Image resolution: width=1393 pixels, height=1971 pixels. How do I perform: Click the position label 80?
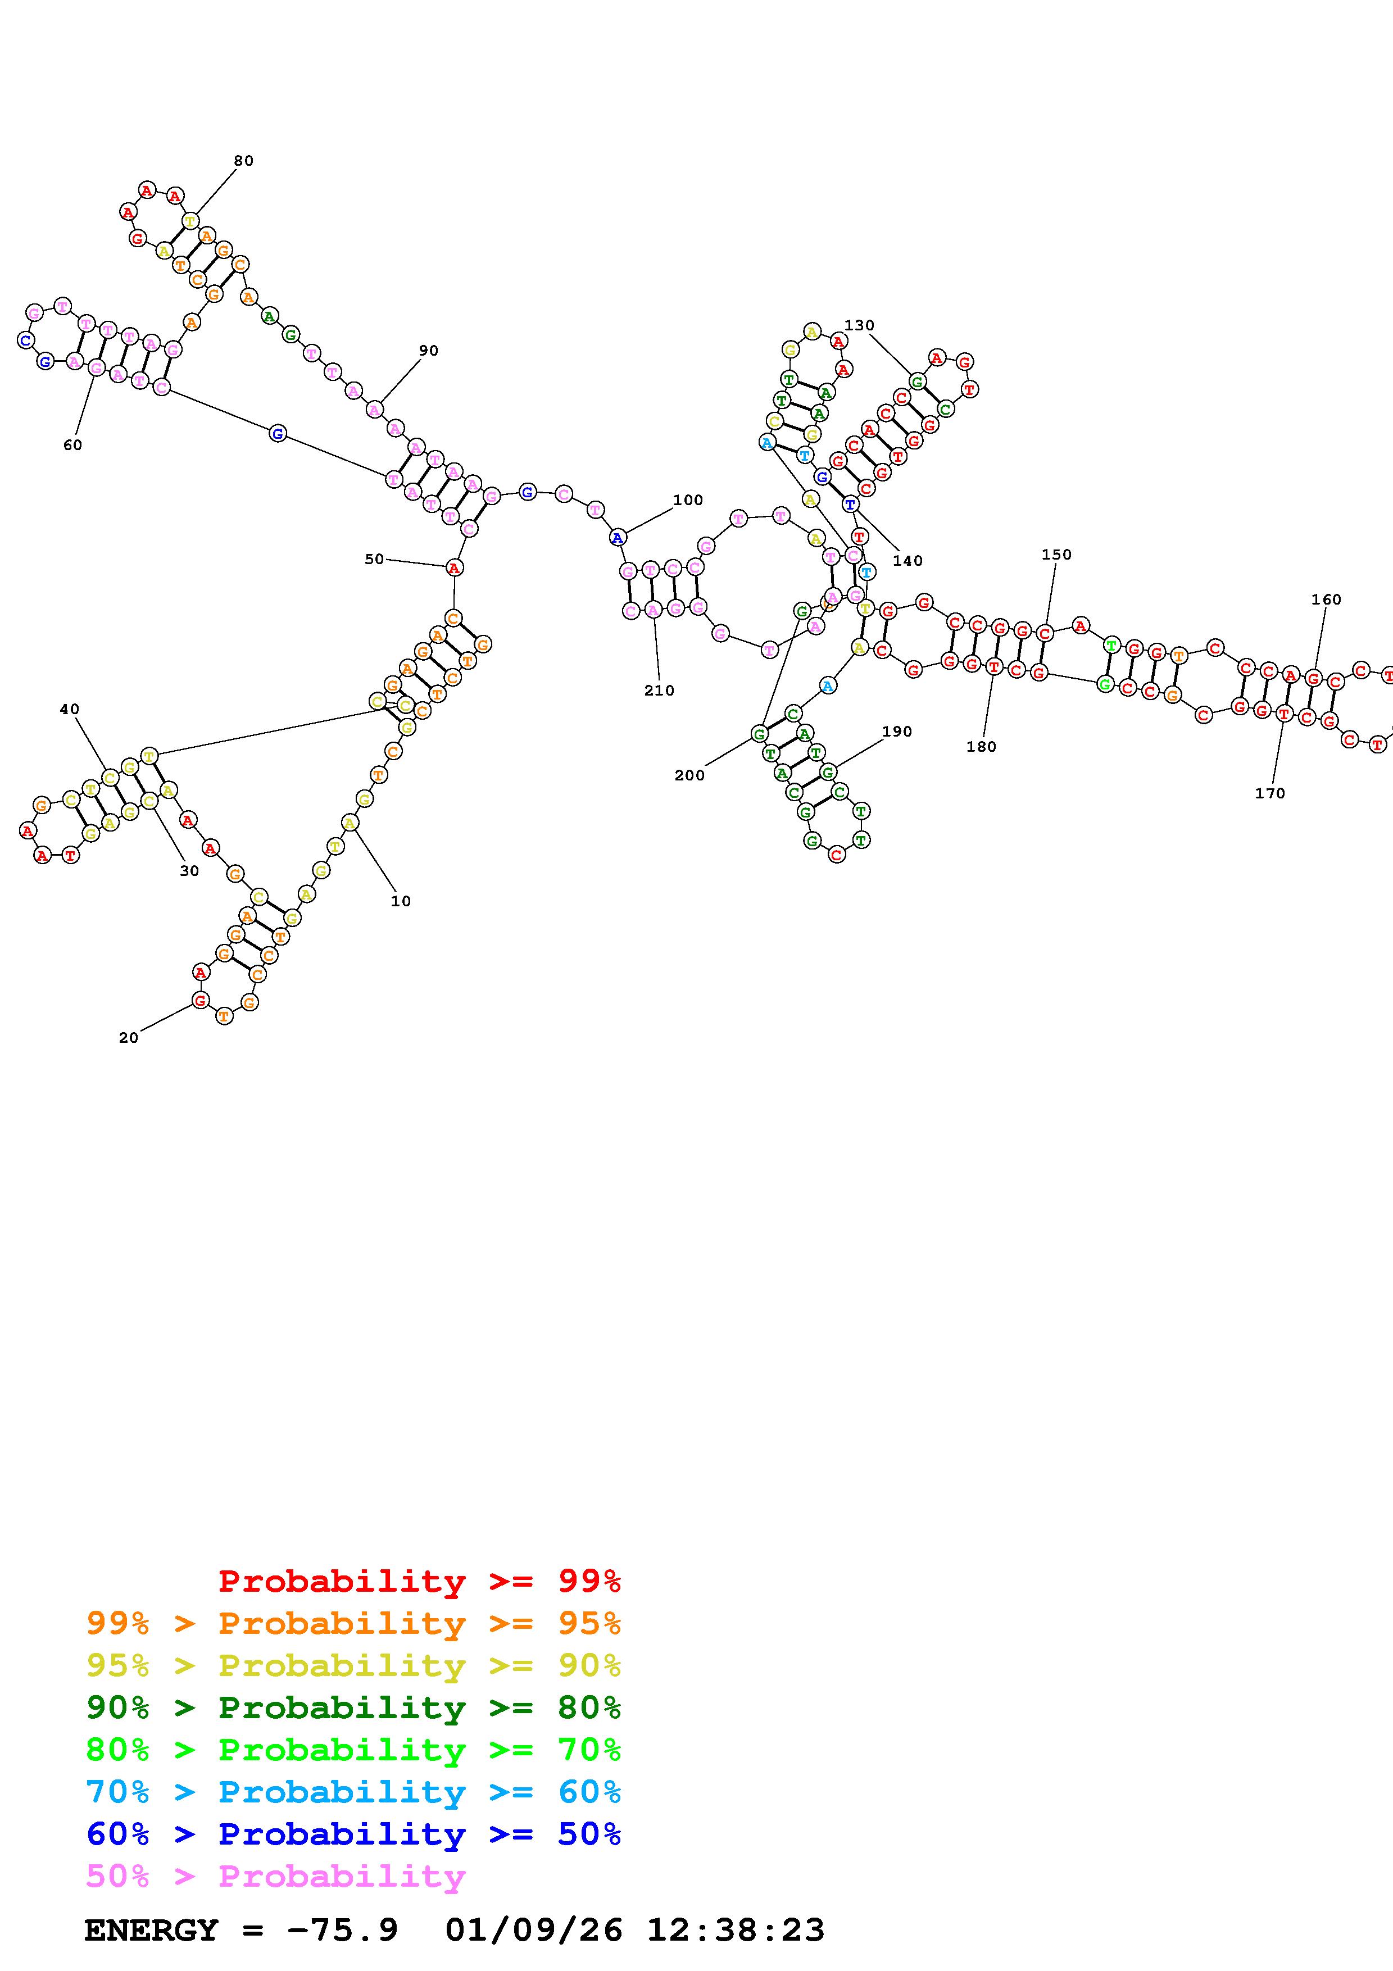tap(244, 161)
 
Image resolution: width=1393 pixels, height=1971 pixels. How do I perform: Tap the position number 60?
tap(73, 444)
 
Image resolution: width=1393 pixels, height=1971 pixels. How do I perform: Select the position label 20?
tap(129, 1038)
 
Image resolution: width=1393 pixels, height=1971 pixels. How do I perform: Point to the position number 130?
tap(859, 325)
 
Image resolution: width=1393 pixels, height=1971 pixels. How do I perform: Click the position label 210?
tap(659, 690)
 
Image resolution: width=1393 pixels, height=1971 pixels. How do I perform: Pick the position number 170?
tap(1271, 793)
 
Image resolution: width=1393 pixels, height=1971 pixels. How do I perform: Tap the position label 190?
tap(897, 732)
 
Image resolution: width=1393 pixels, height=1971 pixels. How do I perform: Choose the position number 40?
tap(70, 709)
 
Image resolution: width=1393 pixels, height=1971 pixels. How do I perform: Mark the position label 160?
tap(1326, 599)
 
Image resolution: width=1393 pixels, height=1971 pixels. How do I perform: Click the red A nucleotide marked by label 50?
tap(454, 567)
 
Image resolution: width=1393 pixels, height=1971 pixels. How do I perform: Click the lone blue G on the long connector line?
tap(277, 434)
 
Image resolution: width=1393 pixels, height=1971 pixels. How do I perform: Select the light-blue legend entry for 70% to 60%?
tap(353, 1792)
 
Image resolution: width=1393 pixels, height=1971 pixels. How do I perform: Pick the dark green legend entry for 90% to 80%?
tap(353, 1707)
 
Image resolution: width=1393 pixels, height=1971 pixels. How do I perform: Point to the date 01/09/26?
tap(534, 1930)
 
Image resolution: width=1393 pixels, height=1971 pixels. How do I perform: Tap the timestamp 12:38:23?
tap(736, 1930)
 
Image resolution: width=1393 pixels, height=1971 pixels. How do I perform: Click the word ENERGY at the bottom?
tap(151, 1930)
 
